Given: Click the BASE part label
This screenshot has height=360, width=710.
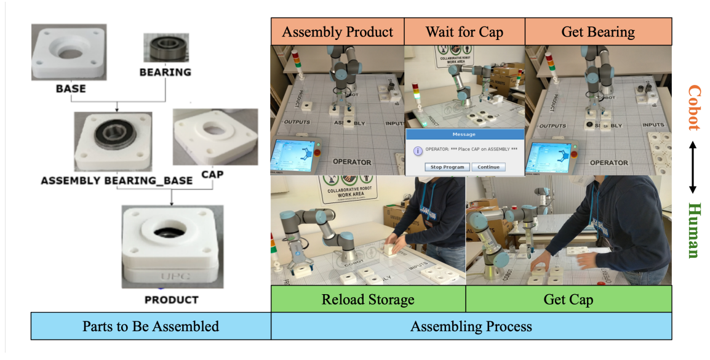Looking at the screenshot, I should point(71,89).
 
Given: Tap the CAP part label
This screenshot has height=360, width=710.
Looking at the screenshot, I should point(212,174).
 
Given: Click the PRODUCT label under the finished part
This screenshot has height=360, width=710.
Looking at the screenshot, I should point(171,300).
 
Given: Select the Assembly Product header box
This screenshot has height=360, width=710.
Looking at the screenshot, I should point(337,31).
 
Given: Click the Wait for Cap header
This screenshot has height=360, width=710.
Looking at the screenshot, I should point(465,31).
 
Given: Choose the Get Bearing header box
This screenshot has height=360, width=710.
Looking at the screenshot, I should point(598,31).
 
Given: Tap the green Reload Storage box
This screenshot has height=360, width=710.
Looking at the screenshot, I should point(368,300).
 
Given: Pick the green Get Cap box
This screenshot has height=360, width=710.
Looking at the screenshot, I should point(568,300).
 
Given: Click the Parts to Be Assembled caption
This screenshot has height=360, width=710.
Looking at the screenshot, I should point(151,326).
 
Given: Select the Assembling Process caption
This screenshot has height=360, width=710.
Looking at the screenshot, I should point(471,326).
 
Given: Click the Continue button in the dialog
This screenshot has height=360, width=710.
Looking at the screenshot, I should point(489,167).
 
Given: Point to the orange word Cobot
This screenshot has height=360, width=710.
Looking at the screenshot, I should point(693,108).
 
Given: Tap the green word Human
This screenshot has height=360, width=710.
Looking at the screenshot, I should point(693,230).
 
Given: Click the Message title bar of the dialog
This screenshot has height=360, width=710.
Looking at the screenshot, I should point(465,134).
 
